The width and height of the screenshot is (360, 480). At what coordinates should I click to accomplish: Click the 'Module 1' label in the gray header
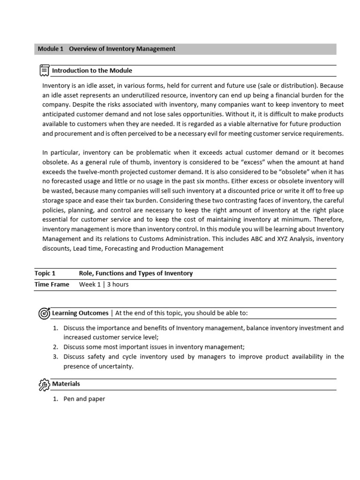(50, 49)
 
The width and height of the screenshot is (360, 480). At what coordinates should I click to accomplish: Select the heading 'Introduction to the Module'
(92, 71)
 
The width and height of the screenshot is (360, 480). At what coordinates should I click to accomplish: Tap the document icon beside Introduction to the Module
(45, 71)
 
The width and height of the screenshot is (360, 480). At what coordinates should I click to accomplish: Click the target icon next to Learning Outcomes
(44, 313)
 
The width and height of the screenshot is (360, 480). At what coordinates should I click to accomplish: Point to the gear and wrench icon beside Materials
(44, 384)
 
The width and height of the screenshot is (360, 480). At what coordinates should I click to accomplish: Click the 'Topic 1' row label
(45, 273)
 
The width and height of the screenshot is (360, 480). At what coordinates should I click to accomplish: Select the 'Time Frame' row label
(52, 285)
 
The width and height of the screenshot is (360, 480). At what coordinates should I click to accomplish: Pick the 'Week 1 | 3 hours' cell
(104, 285)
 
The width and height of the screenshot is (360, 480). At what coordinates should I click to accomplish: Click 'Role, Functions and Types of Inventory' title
(136, 273)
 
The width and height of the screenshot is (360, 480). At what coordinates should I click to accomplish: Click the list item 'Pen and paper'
(84, 399)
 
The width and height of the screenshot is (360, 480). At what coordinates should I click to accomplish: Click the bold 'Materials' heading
(66, 384)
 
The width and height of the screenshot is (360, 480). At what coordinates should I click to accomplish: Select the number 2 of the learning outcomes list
(55, 347)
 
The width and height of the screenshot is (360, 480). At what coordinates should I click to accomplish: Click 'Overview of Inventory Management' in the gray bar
(122, 49)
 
